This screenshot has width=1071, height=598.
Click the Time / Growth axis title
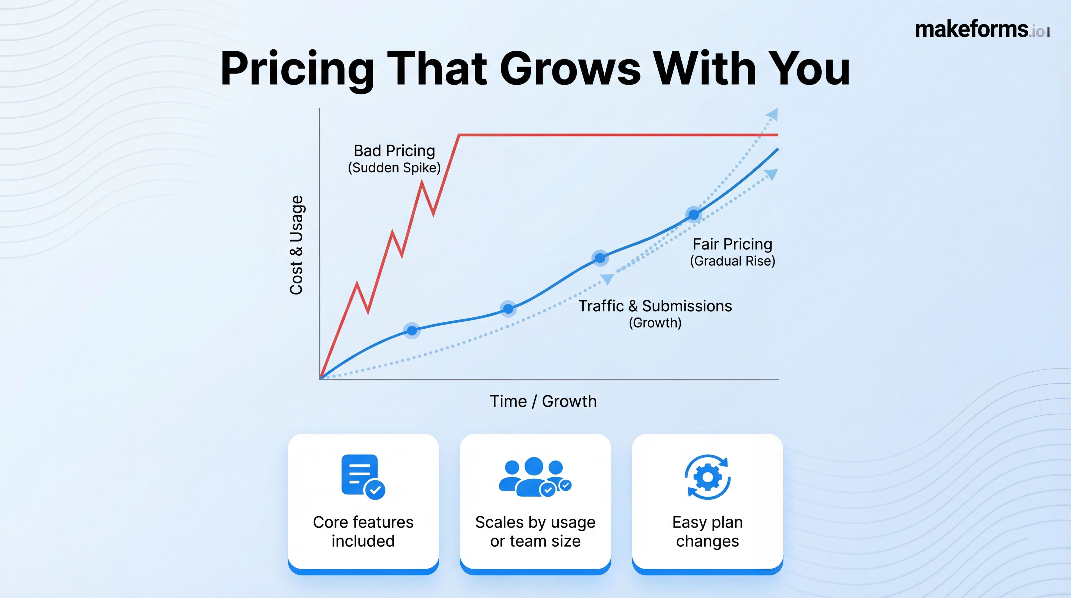[x=543, y=401]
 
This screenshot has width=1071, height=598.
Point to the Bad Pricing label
[x=394, y=150]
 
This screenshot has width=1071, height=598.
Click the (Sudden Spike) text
[x=394, y=168]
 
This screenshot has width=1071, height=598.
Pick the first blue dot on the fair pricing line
[x=412, y=331]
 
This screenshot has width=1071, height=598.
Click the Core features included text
[x=363, y=531]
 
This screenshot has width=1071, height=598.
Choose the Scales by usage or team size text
[x=535, y=531]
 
